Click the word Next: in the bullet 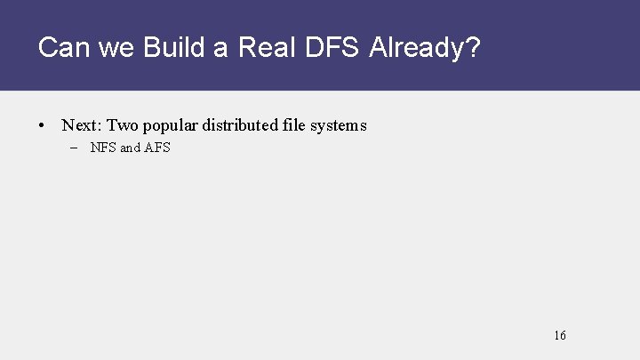(x=82, y=125)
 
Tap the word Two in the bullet (x=124, y=125)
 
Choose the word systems (x=339, y=126)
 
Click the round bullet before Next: (x=43, y=126)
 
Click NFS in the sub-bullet (x=103, y=148)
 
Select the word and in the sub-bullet (x=130, y=148)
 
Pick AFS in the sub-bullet (x=157, y=148)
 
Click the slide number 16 (x=559, y=335)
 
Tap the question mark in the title (x=472, y=47)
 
